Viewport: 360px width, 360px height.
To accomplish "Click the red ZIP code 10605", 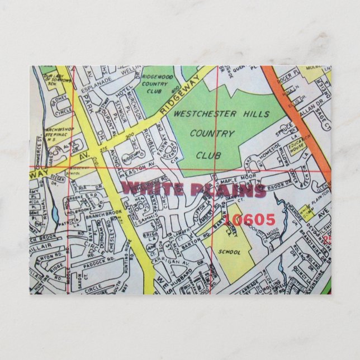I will tap(252, 220).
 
